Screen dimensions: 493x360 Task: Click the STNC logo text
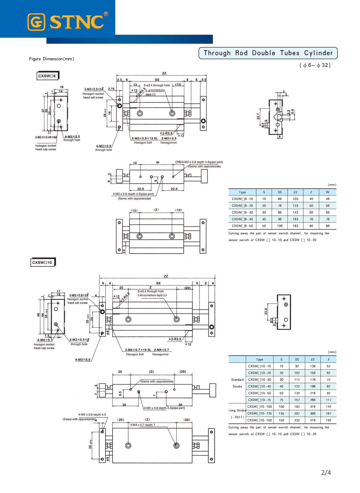coord(76,22)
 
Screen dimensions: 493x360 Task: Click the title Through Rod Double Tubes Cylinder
coord(268,53)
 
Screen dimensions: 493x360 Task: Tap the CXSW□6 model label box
coord(47,76)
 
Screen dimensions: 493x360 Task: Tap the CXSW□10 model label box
coord(42,262)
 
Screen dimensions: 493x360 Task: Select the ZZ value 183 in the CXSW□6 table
coord(295,226)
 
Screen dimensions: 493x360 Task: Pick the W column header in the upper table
coord(328,192)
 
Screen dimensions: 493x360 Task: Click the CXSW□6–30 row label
coord(242,212)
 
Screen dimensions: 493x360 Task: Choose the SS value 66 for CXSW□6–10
coord(280,199)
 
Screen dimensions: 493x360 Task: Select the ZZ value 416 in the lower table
coord(313,420)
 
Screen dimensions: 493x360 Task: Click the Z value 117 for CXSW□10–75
coord(328,400)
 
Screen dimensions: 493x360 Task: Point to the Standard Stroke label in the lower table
coord(237,383)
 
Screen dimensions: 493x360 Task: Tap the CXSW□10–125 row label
coord(259,413)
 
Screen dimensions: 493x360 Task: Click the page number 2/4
coord(326,473)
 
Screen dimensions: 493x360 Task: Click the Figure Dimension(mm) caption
coord(52,59)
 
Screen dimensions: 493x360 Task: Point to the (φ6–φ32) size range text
coord(315,65)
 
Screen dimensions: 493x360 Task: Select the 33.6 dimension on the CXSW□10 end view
coord(266,311)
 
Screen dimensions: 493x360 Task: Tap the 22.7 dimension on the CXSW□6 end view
coord(258,116)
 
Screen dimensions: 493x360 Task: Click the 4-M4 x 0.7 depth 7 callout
coord(142,425)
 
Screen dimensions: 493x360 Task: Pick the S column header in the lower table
coord(281,359)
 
